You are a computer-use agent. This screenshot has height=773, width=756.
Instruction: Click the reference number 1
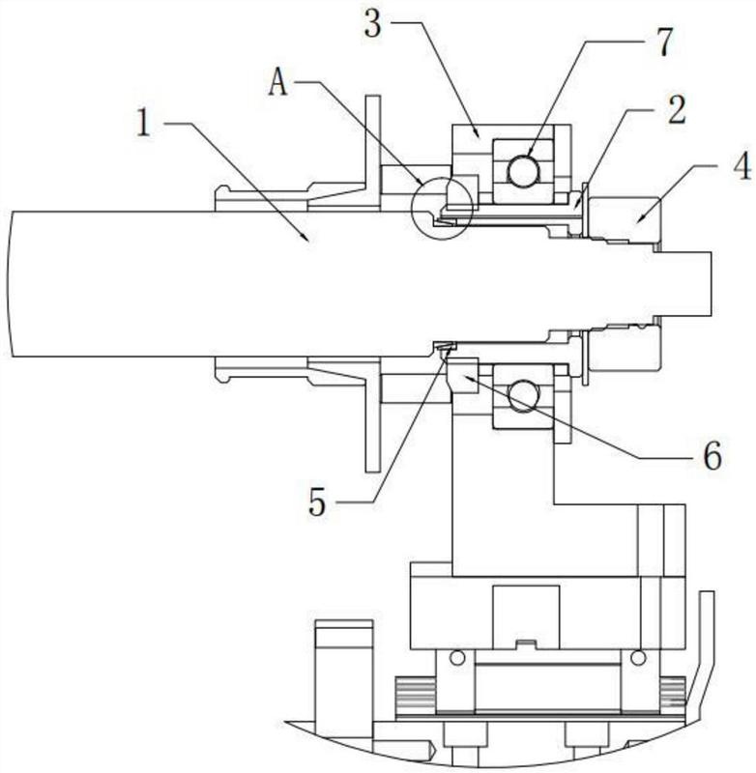[x=143, y=123]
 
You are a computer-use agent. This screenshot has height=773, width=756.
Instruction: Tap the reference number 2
[x=676, y=110]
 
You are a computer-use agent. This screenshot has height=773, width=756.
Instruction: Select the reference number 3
[x=373, y=23]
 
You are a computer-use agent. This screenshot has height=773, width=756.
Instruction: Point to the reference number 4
[x=741, y=165]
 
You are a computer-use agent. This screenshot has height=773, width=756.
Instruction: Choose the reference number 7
[x=664, y=42]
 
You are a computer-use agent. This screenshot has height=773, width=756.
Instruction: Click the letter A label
[x=278, y=82]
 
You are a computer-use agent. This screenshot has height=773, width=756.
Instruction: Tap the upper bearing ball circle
[x=524, y=171]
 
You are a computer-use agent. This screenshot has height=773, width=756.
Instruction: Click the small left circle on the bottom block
[x=457, y=657]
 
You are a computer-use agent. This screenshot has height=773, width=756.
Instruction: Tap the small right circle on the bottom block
[x=639, y=657]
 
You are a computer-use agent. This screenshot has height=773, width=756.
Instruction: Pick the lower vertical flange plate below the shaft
[x=373, y=415]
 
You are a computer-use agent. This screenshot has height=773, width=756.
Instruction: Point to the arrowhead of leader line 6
[x=467, y=378]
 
